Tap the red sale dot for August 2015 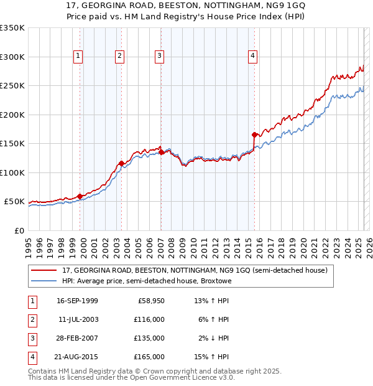click(254, 134)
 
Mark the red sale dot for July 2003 click(121, 163)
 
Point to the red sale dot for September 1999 click(80, 196)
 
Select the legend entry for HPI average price click(146, 281)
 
